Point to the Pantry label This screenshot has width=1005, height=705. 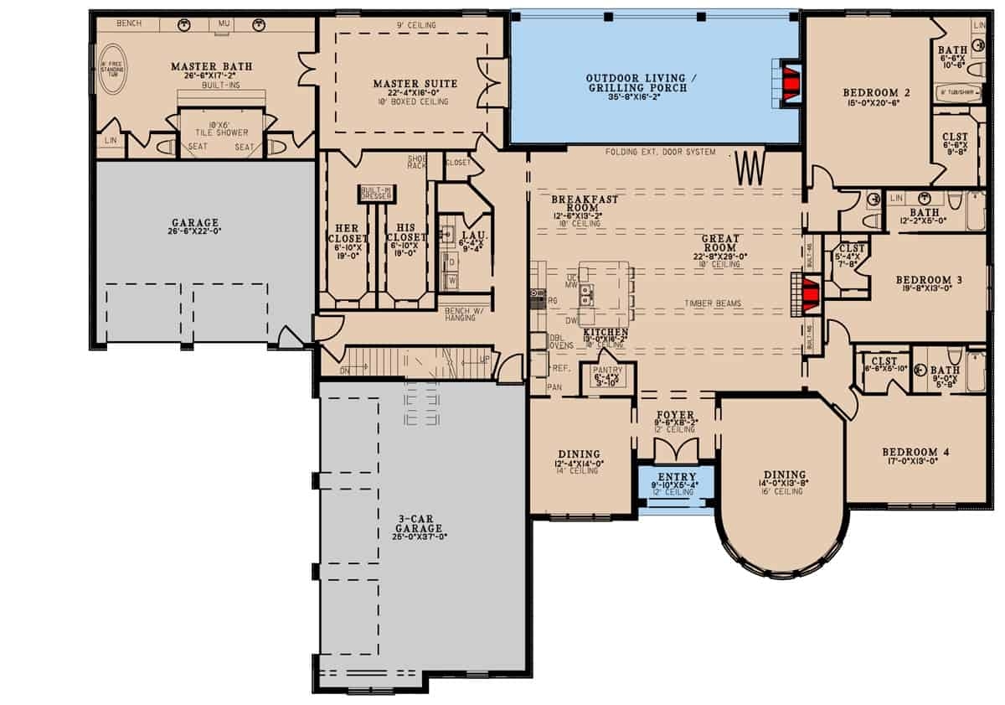click(x=605, y=369)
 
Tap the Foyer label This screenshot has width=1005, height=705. click(x=676, y=414)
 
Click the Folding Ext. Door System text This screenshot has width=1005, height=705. click(x=662, y=152)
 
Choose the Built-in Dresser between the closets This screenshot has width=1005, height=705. click(x=376, y=192)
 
